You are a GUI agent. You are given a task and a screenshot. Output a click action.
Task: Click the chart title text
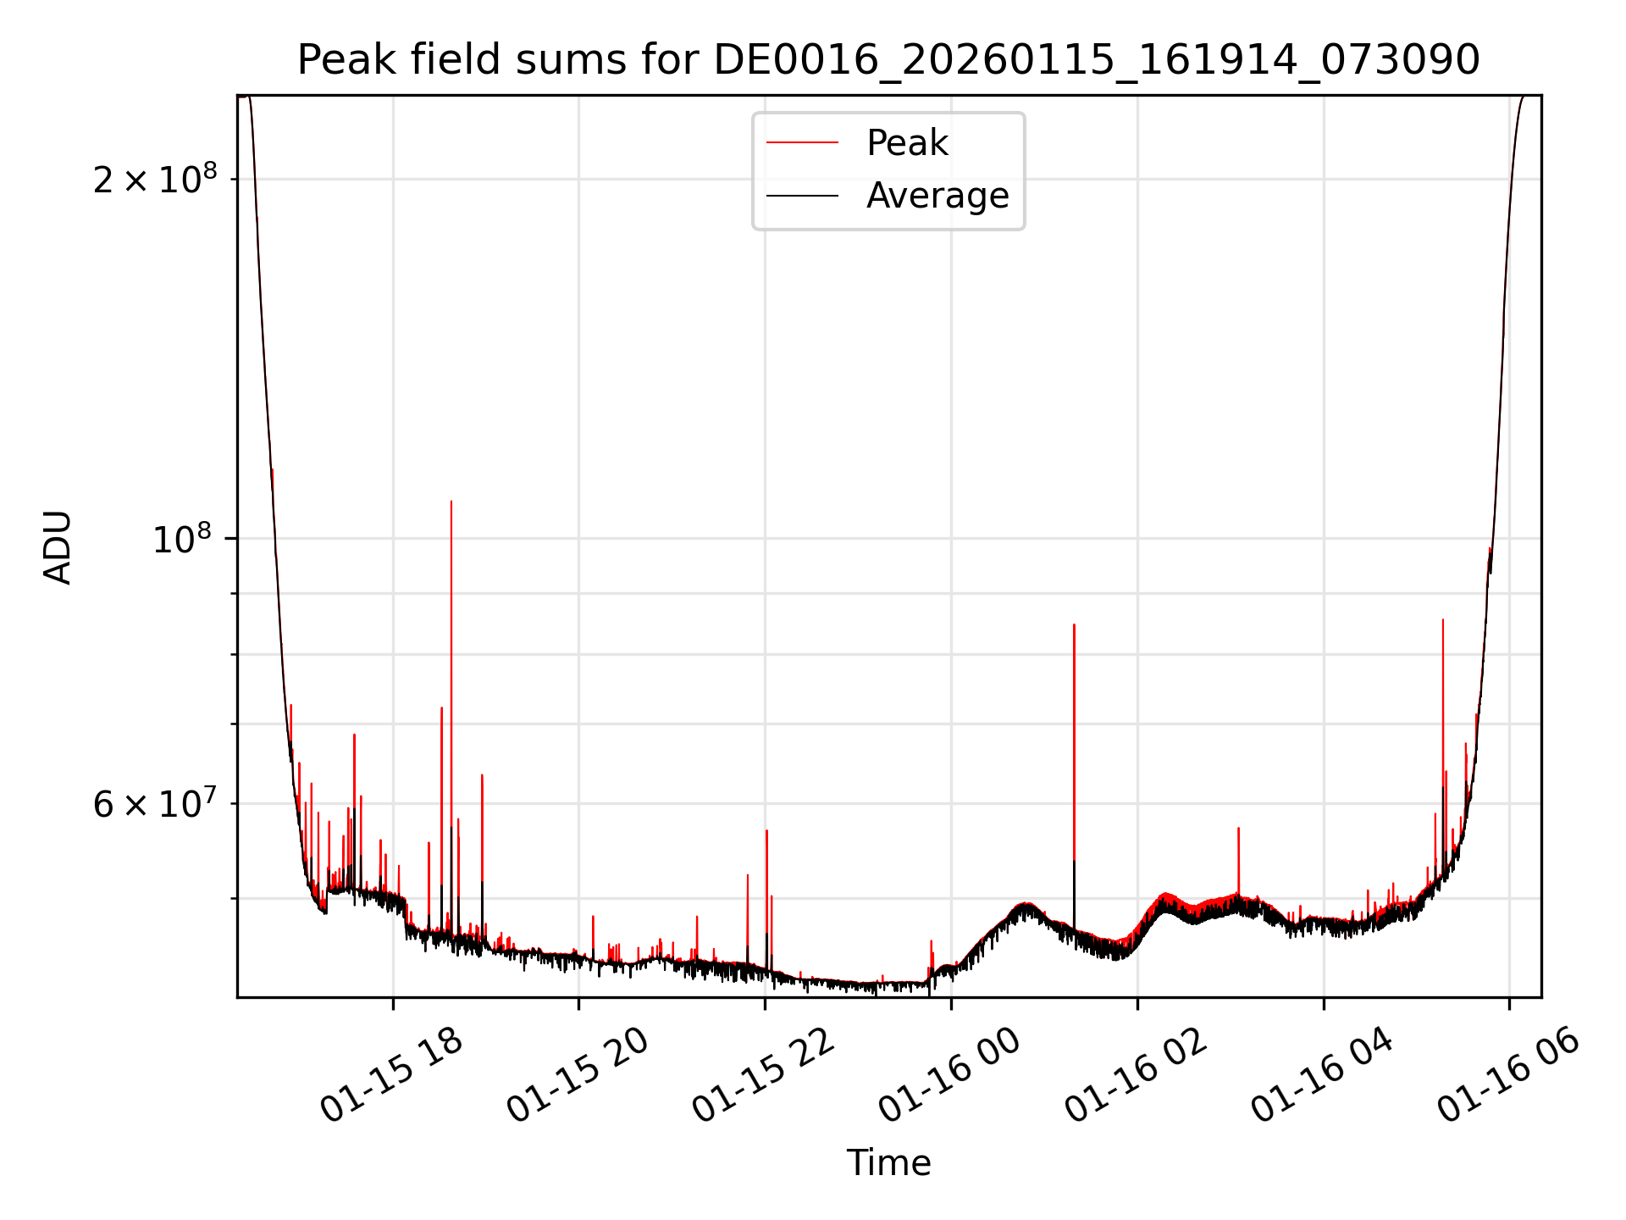pyautogui.click(x=888, y=60)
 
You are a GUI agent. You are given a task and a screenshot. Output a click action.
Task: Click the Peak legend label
pyautogui.click(x=907, y=142)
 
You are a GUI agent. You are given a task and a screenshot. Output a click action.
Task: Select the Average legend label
pyautogui.click(x=937, y=196)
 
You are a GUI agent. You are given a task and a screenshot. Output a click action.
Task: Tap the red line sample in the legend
pyautogui.click(x=802, y=142)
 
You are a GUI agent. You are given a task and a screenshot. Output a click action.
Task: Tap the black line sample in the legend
pyautogui.click(x=802, y=196)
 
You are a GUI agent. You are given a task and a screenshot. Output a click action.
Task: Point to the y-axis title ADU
pyautogui.click(x=58, y=546)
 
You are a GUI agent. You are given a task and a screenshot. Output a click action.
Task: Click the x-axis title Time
pyautogui.click(x=888, y=1162)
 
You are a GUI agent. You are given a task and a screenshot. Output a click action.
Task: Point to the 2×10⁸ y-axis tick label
pyautogui.click(x=155, y=179)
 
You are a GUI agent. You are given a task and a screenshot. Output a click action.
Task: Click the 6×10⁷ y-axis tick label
pyautogui.click(x=155, y=803)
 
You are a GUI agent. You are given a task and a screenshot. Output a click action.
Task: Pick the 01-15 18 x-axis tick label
pyautogui.click(x=391, y=1074)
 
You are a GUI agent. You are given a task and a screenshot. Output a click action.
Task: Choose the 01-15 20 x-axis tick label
pyautogui.click(x=578, y=1074)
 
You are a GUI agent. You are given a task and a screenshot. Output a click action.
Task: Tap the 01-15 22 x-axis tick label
pyautogui.click(x=764, y=1074)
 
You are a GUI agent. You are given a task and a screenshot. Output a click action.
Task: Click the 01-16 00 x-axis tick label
pyautogui.click(x=949, y=1074)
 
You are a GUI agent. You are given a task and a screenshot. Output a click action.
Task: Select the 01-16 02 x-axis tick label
pyautogui.click(x=1136, y=1074)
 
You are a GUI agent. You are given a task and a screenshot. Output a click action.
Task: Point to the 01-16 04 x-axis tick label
pyautogui.click(x=1322, y=1074)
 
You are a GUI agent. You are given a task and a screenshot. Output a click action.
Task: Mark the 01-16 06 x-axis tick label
pyautogui.click(x=1508, y=1074)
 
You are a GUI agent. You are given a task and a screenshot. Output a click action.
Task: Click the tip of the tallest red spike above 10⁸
pyautogui.click(x=451, y=502)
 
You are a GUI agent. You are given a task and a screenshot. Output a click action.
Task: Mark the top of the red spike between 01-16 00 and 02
pyautogui.click(x=1074, y=625)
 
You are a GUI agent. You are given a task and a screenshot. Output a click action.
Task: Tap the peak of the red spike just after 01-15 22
pyautogui.click(x=766, y=831)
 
